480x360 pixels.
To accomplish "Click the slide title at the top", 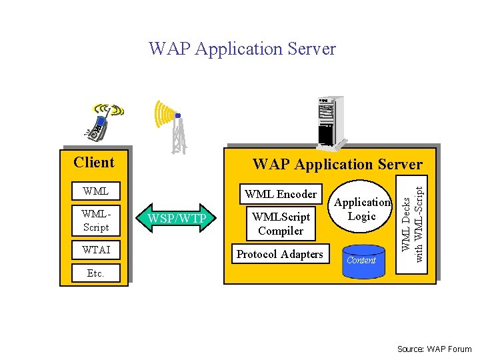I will coord(242,49).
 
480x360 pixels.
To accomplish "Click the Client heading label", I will coord(94,162).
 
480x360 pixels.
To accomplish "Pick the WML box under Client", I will coord(96,191).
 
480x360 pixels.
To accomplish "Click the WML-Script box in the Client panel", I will coord(96,220).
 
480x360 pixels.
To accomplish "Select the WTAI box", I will coord(96,250).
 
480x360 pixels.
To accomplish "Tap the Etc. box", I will coord(96,273).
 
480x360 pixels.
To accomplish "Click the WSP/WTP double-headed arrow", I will coord(177,219).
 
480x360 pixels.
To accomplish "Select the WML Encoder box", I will coord(281,194).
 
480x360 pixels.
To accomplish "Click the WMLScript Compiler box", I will coord(281,224).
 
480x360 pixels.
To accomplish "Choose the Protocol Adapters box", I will coord(280,254).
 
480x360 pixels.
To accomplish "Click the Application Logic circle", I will coord(362,209).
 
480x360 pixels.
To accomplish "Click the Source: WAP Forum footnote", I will coord(434,349).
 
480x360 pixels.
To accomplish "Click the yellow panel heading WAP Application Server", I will coord(337,164).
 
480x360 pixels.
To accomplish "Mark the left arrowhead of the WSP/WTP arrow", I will coord(143,219).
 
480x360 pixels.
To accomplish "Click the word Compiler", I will coord(281,231).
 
